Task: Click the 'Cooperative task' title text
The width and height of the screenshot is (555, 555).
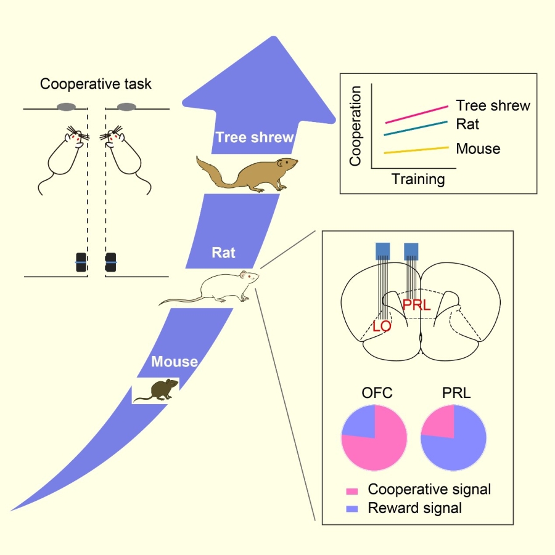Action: point(95,84)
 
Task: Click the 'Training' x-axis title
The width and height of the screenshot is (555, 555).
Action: point(418,179)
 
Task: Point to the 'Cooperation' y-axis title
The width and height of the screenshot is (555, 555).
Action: point(355,127)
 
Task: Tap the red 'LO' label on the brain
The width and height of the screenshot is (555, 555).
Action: point(382,326)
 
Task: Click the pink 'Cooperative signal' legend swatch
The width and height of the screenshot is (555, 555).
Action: point(352,491)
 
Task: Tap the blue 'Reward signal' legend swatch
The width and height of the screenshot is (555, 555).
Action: point(352,509)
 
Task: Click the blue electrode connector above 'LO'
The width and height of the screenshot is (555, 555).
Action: point(382,249)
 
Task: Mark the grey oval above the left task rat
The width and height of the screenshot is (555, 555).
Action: point(67,107)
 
